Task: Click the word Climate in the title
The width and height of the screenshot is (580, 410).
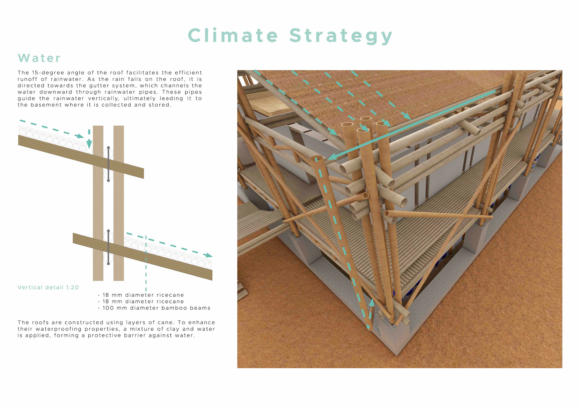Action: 233,35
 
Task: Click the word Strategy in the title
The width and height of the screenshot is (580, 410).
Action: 341,36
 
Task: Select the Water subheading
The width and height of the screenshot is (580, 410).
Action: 39,58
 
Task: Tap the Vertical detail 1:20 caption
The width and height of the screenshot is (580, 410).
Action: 48,287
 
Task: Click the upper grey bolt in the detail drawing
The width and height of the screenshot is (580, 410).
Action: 108,164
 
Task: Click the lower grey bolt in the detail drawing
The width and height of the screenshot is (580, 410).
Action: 108,247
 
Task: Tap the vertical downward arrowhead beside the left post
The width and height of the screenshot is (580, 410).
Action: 89,144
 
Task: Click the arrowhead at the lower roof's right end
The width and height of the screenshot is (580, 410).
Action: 208,256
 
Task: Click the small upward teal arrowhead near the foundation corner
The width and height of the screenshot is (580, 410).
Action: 372,302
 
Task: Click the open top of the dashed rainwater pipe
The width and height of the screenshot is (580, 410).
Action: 317,158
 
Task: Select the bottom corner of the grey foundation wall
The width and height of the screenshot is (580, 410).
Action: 397,354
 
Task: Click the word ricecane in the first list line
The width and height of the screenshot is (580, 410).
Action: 170,295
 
